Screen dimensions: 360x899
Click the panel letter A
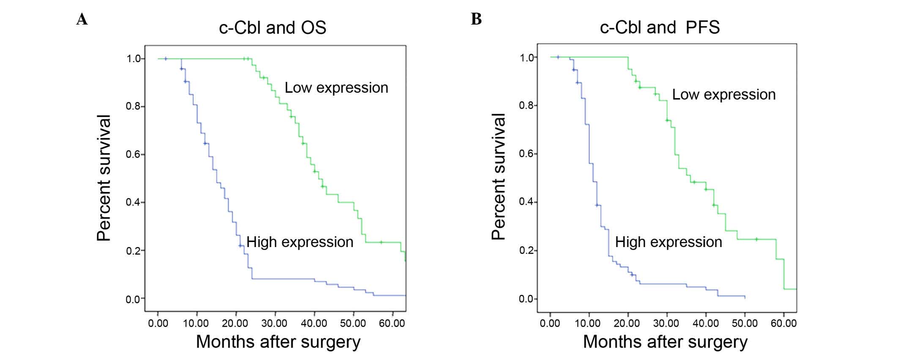[82, 19]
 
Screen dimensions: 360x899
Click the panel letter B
[476, 19]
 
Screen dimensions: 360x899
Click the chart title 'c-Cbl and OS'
[273, 28]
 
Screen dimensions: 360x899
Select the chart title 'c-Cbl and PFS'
[660, 27]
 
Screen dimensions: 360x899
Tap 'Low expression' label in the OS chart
[336, 88]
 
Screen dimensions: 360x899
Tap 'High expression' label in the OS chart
[300, 242]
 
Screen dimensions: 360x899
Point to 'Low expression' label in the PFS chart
[724, 94]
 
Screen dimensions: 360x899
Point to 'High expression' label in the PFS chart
[669, 242]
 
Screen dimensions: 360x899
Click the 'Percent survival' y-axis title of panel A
[104, 178]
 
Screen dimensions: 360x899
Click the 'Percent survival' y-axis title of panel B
[499, 176]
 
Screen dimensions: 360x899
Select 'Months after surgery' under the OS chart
[278, 342]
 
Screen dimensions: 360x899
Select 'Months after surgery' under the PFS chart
[665, 342]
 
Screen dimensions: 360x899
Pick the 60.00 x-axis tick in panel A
[392, 324]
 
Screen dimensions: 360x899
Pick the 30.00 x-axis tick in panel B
[666, 324]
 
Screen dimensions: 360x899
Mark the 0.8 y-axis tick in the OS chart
[133, 106]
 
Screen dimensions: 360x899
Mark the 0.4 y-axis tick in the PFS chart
[526, 202]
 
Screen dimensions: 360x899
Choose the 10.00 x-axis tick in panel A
[196, 324]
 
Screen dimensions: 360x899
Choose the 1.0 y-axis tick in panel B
[526, 58]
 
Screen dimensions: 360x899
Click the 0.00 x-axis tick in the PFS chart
[550, 324]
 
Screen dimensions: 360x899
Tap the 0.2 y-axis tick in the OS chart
[133, 251]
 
